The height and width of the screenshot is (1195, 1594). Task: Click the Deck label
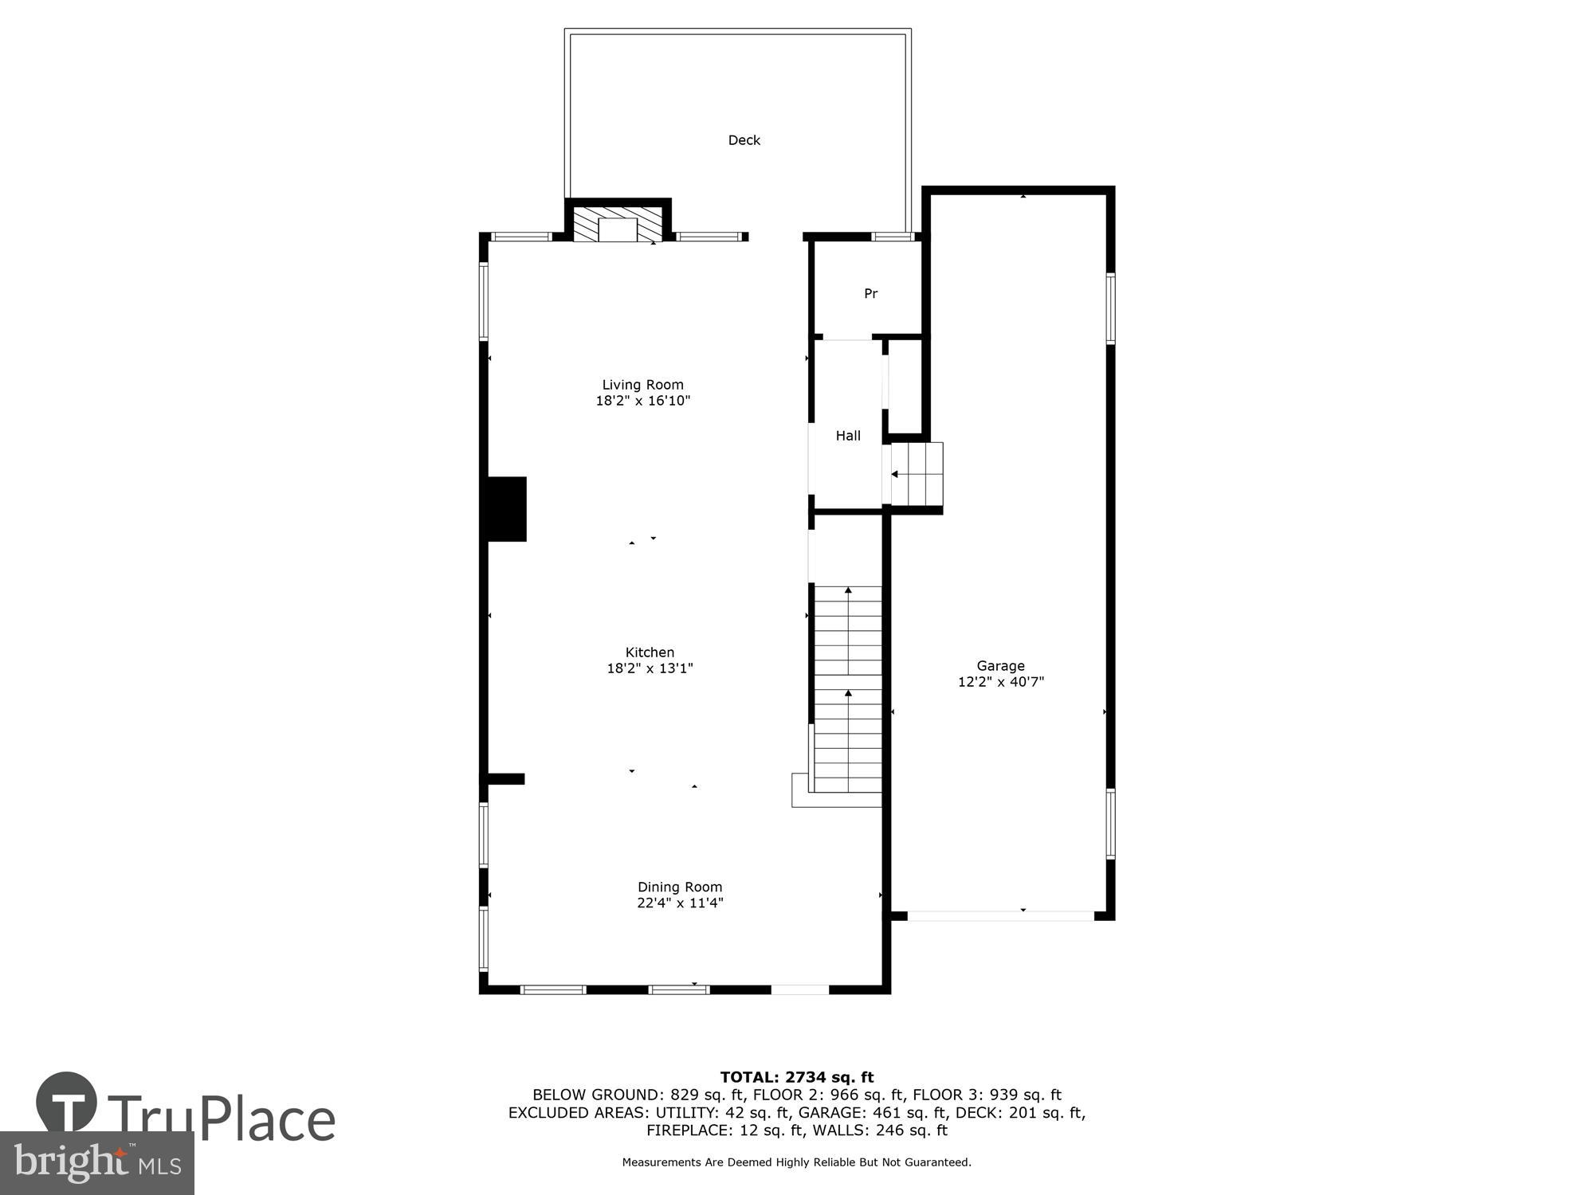tap(744, 140)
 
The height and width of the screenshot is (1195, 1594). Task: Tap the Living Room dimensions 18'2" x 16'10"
tap(642, 401)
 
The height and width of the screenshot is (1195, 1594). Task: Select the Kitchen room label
tap(650, 652)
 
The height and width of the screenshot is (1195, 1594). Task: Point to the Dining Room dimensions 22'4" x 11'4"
tap(680, 903)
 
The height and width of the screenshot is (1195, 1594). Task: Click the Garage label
tap(1000, 666)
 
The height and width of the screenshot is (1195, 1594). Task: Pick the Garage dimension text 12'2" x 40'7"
tap(1000, 682)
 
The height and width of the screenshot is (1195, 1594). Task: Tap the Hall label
tap(848, 436)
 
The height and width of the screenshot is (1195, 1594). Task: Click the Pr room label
tap(870, 294)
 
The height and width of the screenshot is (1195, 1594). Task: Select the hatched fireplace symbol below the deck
tap(618, 225)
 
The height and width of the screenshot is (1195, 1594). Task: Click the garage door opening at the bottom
tap(1000, 916)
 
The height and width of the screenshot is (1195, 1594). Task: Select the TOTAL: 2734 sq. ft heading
tap(796, 1078)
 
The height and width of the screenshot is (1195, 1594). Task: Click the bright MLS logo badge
tap(97, 1163)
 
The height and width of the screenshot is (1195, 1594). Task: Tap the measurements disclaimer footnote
tap(796, 1162)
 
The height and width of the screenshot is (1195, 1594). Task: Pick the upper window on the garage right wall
tap(1110, 308)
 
